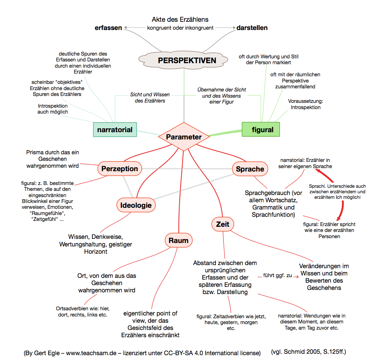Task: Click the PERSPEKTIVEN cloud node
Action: (x=187, y=60)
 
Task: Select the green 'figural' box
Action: (x=261, y=130)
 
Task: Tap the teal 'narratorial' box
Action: (x=115, y=130)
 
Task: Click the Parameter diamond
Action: (x=184, y=137)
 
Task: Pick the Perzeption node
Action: (x=120, y=169)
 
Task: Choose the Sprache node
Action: (x=250, y=169)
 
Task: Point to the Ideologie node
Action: (x=136, y=205)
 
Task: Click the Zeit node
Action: (x=222, y=224)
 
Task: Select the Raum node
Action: (x=178, y=240)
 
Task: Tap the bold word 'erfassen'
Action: (x=108, y=28)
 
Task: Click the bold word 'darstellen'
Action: (x=252, y=28)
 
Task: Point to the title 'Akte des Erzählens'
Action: (x=180, y=19)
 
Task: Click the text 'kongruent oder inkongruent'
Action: (x=180, y=28)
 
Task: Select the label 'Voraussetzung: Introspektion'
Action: (x=305, y=104)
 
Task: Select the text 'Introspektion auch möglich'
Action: (x=53, y=109)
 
